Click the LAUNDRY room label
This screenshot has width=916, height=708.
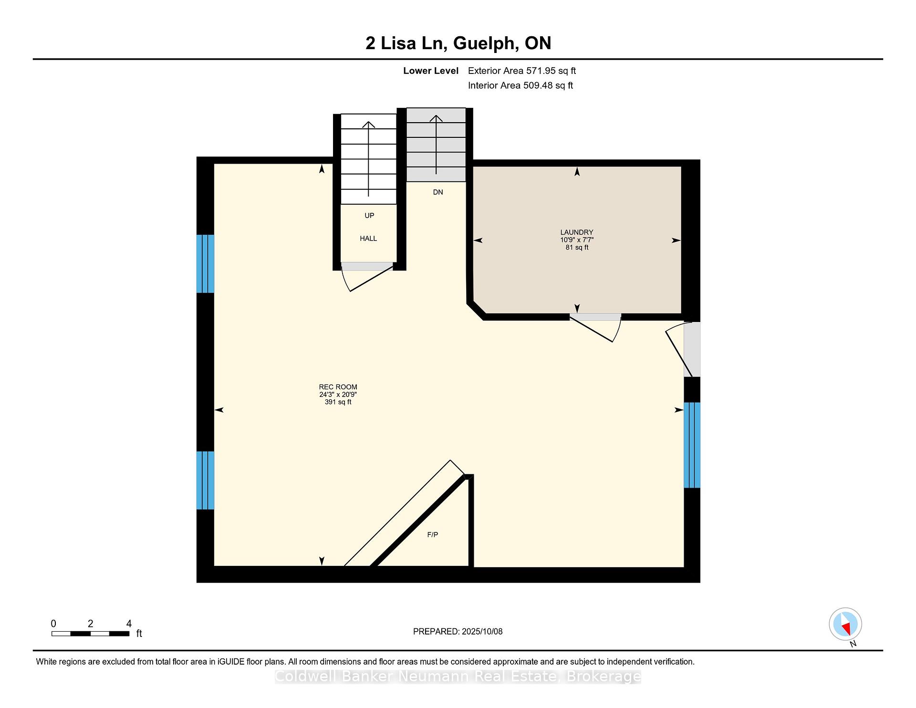click(x=577, y=232)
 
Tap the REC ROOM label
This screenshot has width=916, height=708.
click(x=338, y=387)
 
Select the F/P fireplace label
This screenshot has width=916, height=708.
click(x=433, y=535)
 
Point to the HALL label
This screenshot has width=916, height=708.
click(x=368, y=239)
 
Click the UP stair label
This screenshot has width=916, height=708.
click(x=369, y=216)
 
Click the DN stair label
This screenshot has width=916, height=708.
click(x=438, y=192)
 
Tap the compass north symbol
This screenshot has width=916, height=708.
click(x=845, y=624)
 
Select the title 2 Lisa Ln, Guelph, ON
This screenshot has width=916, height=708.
click(x=458, y=43)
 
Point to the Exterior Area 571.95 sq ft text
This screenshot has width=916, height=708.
click(x=522, y=71)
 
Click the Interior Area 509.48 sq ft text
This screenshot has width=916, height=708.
click(x=520, y=85)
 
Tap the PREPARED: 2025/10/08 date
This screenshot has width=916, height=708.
click(x=458, y=632)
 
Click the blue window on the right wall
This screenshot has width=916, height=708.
click(x=692, y=445)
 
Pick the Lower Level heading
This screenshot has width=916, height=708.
click(x=431, y=71)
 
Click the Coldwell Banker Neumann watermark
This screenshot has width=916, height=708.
click(x=458, y=677)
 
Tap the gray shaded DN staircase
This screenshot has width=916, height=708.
click(x=436, y=145)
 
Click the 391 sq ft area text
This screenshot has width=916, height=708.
click(x=338, y=402)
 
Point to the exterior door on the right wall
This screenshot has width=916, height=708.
click(x=692, y=349)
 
